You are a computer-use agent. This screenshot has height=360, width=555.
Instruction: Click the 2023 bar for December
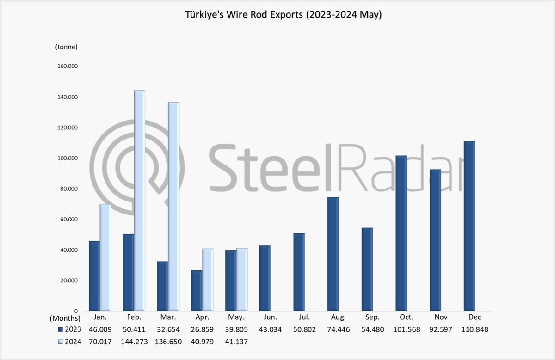point(469,226)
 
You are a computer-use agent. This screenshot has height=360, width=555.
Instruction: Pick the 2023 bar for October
point(401,233)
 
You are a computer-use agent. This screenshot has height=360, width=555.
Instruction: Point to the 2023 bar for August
point(333,254)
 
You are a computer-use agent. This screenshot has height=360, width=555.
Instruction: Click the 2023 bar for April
point(197,291)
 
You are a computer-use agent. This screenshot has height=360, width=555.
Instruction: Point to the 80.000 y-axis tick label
point(68,189)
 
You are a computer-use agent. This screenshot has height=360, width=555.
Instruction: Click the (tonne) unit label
point(66,47)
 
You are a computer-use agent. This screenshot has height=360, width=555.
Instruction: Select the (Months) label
point(65,318)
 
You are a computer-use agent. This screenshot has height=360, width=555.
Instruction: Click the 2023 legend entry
point(67,329)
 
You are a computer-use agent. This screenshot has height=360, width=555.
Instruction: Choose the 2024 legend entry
point(67,341)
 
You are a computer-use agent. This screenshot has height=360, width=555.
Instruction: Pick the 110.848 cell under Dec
point(475,329)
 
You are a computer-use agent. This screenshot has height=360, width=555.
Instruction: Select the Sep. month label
point(373,318)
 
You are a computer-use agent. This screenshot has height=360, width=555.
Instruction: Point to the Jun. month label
point(270,318)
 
